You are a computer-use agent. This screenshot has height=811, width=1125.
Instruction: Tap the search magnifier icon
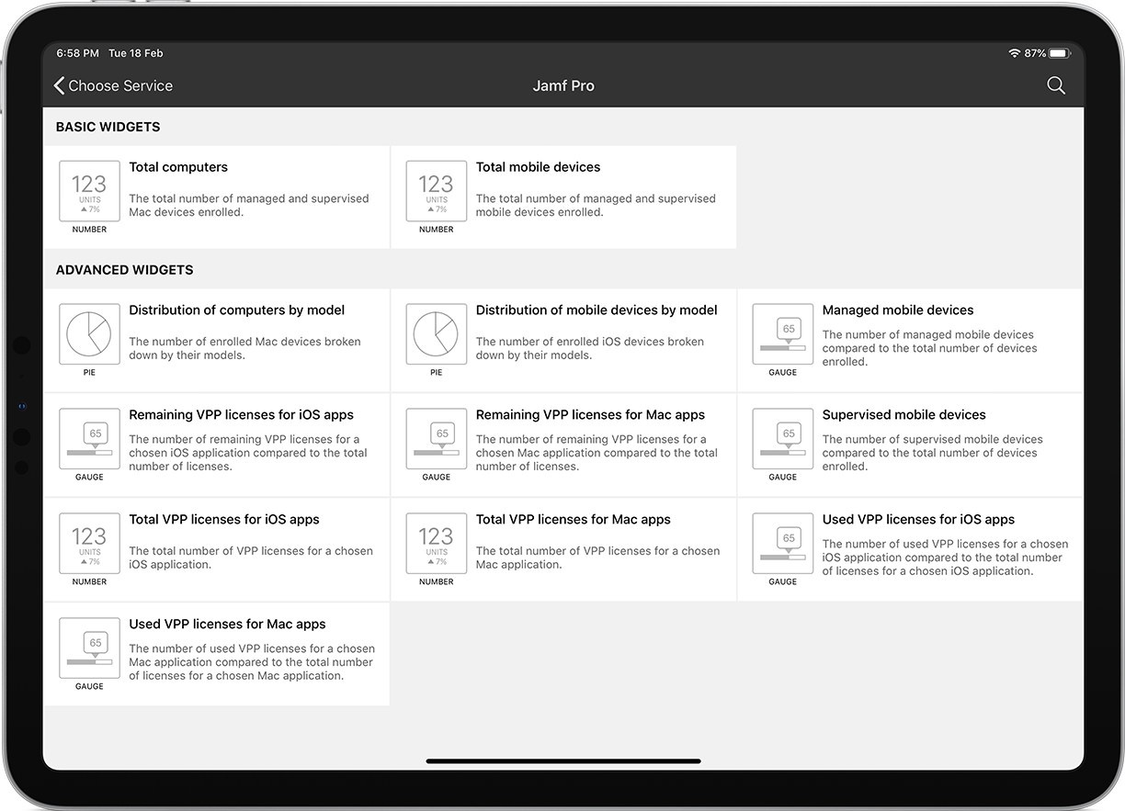pos(1056,85)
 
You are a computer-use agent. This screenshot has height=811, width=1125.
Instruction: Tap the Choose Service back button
pos(113,85)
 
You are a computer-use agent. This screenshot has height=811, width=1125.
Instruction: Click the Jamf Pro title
pos(563,85)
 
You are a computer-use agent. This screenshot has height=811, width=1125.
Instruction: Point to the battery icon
pos(1060,53)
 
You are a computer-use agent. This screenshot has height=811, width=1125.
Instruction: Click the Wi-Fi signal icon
pos(1015,53)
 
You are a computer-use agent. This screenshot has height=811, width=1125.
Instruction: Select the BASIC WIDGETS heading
pos(108,127)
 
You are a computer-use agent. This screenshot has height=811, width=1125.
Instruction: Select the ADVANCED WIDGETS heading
pos(125,270)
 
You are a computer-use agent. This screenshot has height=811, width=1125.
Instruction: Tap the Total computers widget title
pos(178,167)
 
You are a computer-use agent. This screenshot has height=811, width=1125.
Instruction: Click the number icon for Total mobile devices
pos(436,191)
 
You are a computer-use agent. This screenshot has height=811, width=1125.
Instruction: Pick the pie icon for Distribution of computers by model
pos(89,333)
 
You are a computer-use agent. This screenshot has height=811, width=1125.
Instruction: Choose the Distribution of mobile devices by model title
pos(597,310)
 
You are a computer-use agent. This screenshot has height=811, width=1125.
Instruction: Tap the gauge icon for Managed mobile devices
pos(782,333)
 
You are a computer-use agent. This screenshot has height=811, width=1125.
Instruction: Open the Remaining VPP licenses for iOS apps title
pos(241,415)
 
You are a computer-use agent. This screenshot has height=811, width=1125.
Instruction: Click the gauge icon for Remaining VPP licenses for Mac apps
pos(436,439)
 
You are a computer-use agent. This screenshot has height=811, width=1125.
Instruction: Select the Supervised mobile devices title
pos(903,415)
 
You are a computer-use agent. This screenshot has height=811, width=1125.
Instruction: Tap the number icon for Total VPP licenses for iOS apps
pos(89,543)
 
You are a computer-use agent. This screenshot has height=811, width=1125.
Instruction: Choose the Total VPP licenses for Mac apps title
pos(573,520)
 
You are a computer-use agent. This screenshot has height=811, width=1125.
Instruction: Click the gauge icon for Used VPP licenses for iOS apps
pos(782,543)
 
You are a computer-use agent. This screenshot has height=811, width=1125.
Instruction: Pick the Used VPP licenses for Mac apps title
pos(227,625)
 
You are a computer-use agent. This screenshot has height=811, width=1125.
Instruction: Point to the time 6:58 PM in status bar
pos(77,53)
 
